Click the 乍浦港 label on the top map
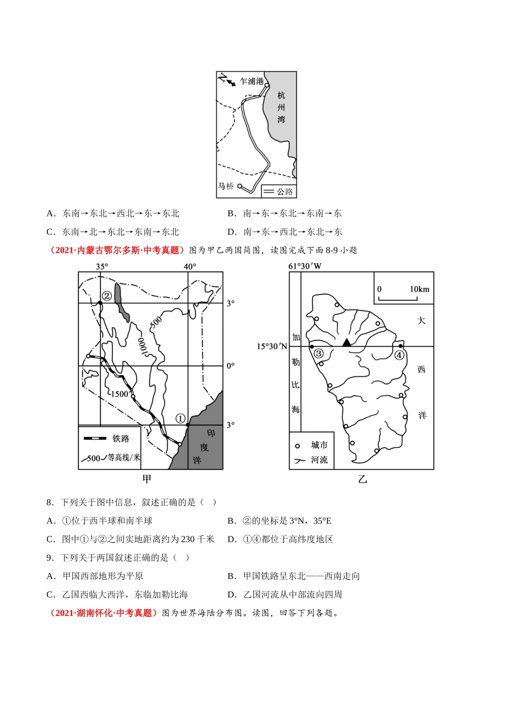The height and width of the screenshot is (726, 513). tap(252, 82)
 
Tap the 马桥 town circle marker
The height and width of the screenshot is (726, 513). tap(240, 186)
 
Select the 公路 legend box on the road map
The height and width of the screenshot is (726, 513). tap(279, 192)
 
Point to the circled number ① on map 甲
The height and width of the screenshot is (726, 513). tap(180, 419)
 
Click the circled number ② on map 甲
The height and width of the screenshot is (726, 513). tap(107, 295)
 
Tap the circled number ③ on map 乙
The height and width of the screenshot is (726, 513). tap(319, 354)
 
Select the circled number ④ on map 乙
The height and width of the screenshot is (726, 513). tap(399, 355)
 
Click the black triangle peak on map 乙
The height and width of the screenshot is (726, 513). tap(346, 342)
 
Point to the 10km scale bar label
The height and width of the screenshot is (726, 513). tap(419, 290)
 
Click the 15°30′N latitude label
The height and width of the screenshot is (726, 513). tap(272, 346)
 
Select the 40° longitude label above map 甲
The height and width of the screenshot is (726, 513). tap(190, 266)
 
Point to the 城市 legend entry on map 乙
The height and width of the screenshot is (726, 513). tap(319, 445)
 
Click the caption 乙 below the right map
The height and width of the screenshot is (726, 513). tap(362, 479)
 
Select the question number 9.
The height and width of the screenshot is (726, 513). tap(50, 557)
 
